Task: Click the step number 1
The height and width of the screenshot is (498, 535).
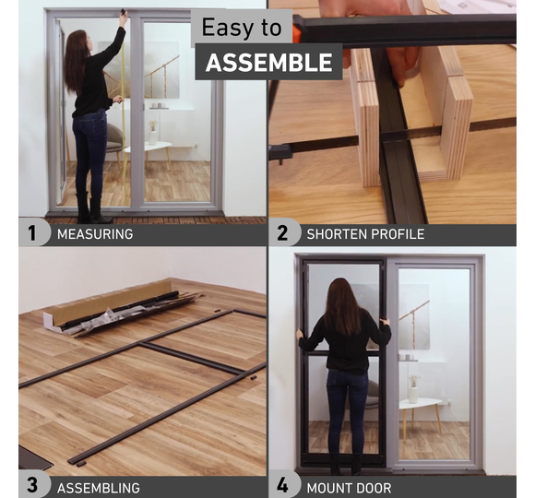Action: coord(31,233)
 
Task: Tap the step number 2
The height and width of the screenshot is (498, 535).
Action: coord(282,233)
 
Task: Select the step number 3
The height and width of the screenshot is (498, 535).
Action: coord(32,485)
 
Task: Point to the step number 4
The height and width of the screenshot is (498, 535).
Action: coord(282,485)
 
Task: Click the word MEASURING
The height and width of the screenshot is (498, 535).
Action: coord(95,234)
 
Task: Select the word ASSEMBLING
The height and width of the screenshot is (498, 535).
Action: coord(99,488)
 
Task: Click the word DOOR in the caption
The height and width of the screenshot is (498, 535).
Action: coord(374,488)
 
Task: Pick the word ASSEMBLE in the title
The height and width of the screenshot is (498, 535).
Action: coord(268,63)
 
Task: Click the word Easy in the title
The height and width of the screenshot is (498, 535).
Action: coord(228,28)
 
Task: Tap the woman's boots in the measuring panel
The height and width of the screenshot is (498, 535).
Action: coord(90,207)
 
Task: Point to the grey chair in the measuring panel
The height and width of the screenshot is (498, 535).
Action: coord(113,141)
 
